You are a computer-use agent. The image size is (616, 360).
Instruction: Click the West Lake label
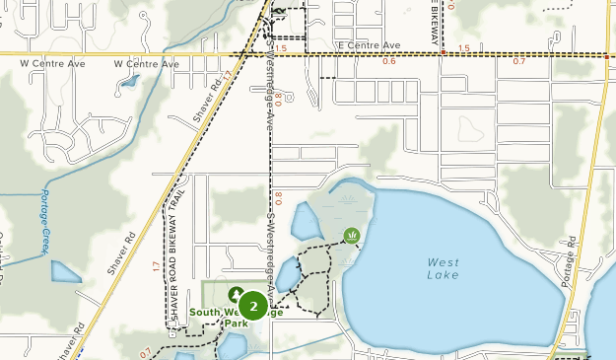pos(443,269)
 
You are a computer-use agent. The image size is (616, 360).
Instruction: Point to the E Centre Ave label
pos(369,45)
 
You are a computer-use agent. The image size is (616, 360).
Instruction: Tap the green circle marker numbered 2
pos(254,307)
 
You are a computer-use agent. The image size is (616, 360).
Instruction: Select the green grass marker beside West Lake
pos(352,235)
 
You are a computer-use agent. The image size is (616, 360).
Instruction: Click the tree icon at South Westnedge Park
pos(237,294)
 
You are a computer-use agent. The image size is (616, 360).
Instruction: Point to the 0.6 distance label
pos(388,61)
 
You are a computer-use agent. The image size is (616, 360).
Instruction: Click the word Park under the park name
pos(235,323)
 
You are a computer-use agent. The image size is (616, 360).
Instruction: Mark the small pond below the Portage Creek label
pos(65,271)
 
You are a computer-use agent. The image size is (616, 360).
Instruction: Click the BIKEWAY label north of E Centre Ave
pos(434,24)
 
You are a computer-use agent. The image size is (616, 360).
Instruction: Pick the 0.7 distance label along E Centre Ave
pos(519,61)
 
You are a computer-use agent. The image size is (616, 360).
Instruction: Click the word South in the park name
pos(204,312)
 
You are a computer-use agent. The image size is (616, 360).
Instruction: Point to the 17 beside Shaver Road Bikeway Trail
pos(157,266)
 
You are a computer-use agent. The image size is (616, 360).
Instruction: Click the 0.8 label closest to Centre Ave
pos(279,99)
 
